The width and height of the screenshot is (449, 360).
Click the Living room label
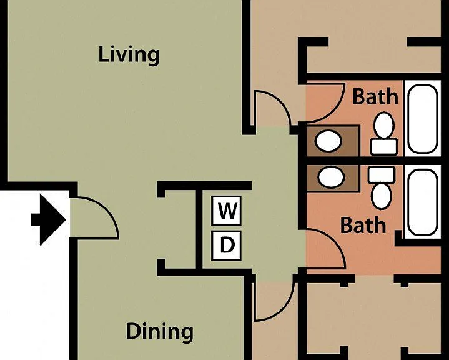[x=129, y=55]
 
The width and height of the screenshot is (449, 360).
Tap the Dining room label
[x=159, y=332]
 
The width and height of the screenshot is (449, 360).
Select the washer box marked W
[x=226, y=211]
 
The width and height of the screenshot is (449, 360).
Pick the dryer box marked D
[x=226, y=246]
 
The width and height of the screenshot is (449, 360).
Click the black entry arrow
[x=48, y=220]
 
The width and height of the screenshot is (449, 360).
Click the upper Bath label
[x=375, y=97]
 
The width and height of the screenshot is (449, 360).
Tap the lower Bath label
[x=363, y=225]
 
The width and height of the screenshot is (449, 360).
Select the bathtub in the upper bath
[x=423, y=119]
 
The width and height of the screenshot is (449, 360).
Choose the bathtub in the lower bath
[x=423, y=202]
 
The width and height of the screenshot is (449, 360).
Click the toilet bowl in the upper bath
[x=384, y=125]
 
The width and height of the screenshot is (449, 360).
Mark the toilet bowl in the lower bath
[x=382, y=196]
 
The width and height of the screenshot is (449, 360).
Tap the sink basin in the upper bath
[x=328, y=141]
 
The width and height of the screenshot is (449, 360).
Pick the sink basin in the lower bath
[x=332, y=176]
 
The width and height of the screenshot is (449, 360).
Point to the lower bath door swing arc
[x=335, y=244]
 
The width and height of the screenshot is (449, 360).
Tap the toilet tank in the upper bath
[x=383, y=146]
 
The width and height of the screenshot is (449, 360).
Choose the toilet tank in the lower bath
[x=382, y=175]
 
